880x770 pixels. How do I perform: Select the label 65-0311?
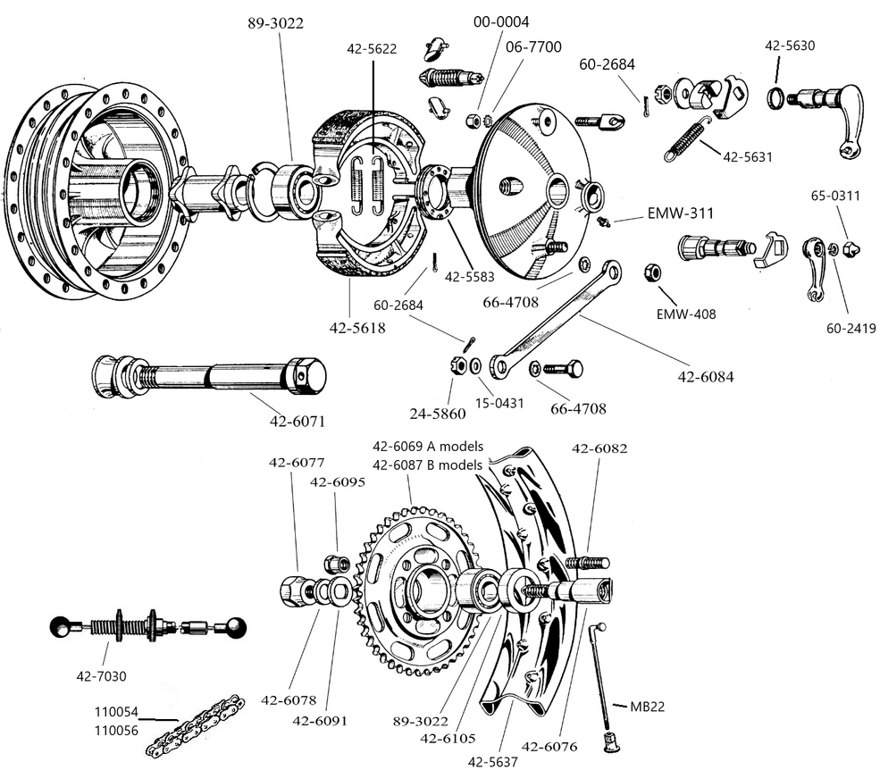[x=836, y=196]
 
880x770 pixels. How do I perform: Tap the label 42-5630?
[x=790, y=46]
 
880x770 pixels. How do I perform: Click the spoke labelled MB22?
[x=605, y=679]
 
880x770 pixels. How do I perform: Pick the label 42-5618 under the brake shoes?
[x=357, y=328]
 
